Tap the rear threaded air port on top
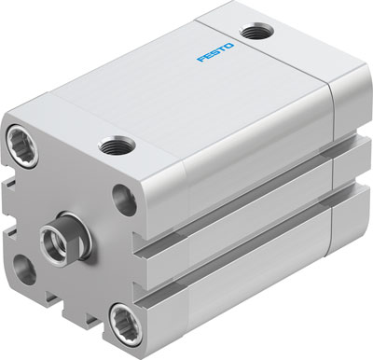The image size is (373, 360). click(x=252, y=33)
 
